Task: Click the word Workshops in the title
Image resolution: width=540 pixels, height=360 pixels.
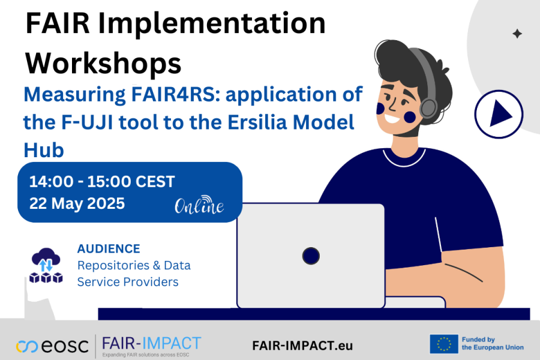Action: click(x=103, y=63)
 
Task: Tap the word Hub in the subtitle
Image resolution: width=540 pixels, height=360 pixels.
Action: click(x=44, y=150)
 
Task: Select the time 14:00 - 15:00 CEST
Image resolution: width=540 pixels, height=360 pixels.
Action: click(x=102, y=182)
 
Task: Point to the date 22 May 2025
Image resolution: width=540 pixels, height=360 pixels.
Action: click(x=77, y=203)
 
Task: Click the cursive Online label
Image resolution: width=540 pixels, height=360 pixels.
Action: click(x=199, y=205)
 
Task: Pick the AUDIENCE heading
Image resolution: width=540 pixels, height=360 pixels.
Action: click(x=109, y=249)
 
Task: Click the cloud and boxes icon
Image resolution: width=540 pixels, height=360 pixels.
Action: click(x=46, y=265)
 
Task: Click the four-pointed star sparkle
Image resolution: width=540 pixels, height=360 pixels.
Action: click(x=517, y=34)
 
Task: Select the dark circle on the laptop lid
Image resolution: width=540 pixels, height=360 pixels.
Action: click(x=311, y=256)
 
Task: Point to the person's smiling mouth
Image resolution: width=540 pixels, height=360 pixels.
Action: click(x=392, y=119)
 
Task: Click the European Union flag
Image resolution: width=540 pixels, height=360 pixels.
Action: click(x=443, y=344)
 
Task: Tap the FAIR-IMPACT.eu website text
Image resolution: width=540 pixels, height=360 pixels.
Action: click(x=302, y=346)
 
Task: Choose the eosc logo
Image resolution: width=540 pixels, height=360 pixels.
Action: click(x=52, y=346)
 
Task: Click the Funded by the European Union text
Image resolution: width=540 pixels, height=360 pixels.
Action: click(x=493, y=343)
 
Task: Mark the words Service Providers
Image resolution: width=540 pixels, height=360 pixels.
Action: click(x=128, y=282)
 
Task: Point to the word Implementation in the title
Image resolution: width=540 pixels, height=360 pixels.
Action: click(x=212, y=23)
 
